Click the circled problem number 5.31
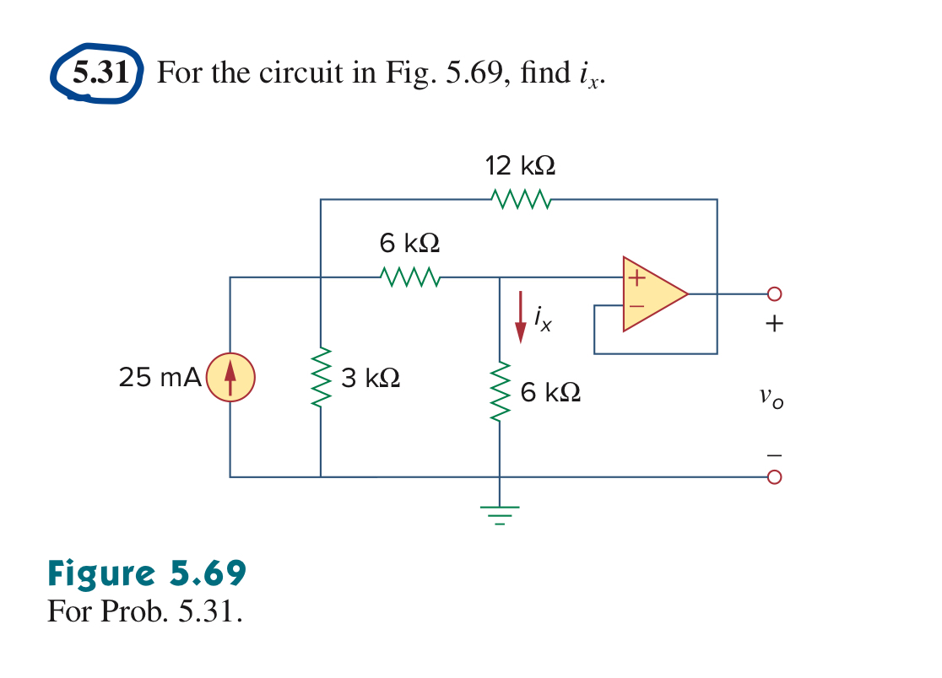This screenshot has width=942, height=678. coord(100,73)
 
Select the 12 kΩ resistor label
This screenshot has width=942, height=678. coord(520,165)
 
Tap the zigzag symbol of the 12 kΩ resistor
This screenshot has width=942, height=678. coord(520,200)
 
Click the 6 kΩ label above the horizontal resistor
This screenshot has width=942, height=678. coord(409,244)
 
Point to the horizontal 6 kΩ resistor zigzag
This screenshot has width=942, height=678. coord(409,277)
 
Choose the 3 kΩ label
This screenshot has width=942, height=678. coord(371,379)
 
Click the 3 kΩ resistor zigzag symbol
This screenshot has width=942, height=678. coord(321,378)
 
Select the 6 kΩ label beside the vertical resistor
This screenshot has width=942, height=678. coord(550,392)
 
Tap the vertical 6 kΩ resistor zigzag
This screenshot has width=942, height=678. coord(500,393)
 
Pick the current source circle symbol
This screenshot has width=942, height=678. coord(230,378)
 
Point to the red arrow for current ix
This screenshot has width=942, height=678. coord(521,316)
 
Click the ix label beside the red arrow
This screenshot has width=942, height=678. coord(543,318)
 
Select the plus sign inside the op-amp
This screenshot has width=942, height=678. coord(636,277)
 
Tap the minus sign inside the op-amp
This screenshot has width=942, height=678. coord(636,307)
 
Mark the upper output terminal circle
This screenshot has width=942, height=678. coord(774,294)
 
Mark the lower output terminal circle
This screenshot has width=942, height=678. coord(774,477)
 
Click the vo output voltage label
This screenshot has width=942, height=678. coord(771,396)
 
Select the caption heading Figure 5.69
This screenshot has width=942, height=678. coord(147,573)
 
